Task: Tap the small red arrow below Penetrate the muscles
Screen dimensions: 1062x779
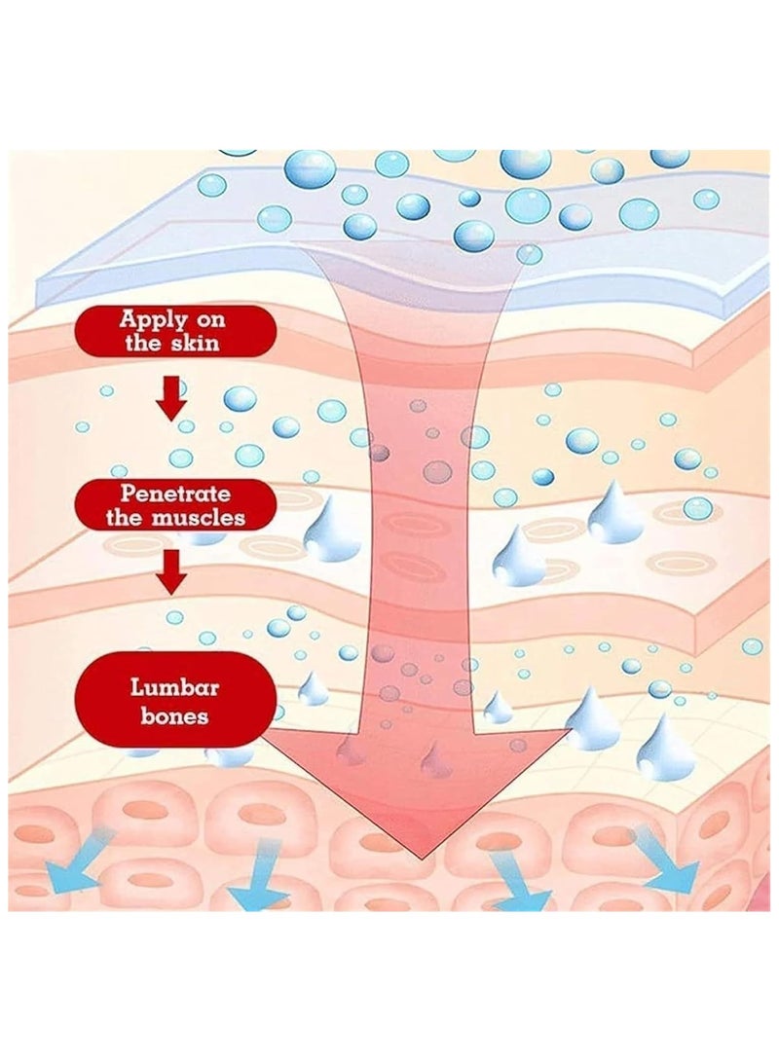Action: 171,572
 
